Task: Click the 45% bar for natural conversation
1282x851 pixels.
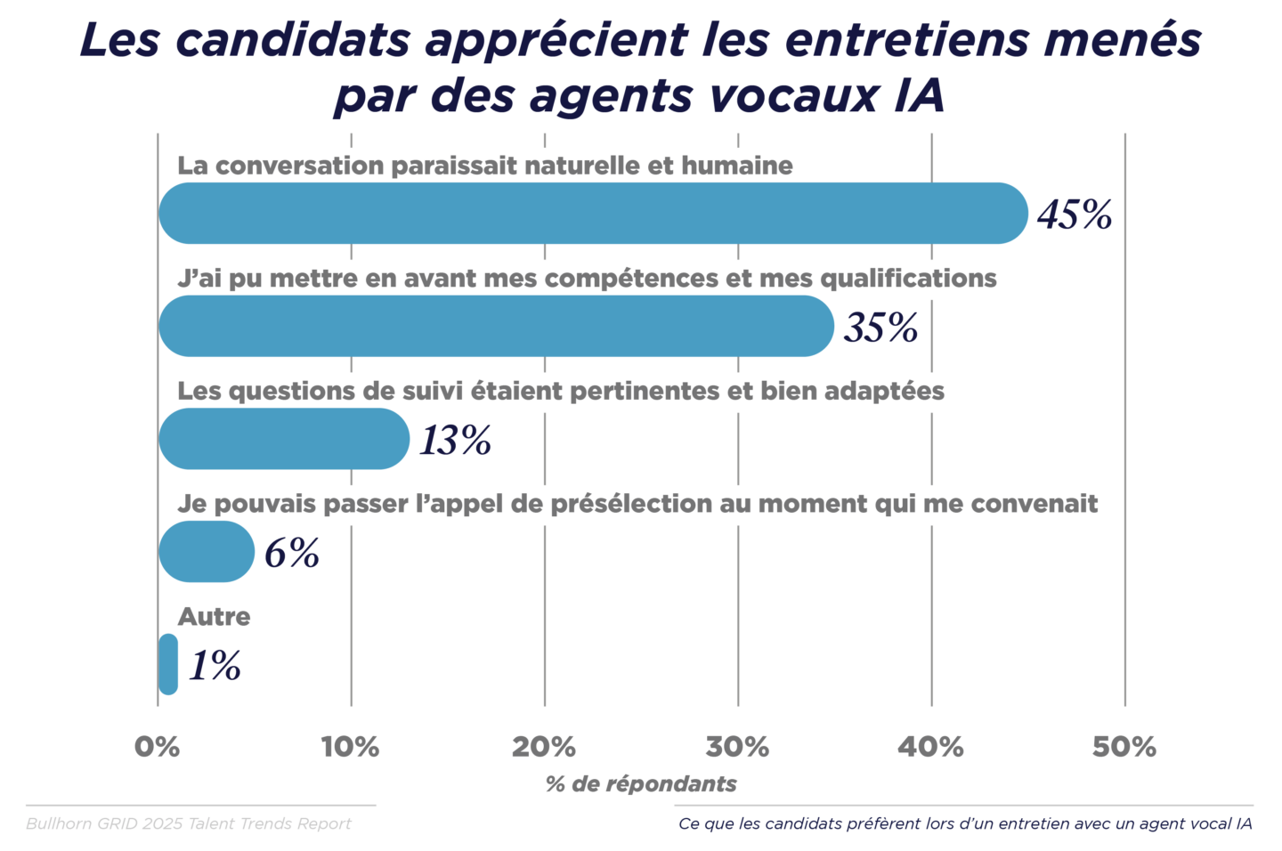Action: pyautogui.click(x=593, y=214)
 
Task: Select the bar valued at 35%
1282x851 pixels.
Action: pyautogui.click(x=496, y=327)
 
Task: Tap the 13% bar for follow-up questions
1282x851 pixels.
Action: pyautogui.click(x=284, y=439)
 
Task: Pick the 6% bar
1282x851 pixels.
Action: pyautogui.click(x=207, y=552)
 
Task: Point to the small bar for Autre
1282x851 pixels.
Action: pyautogui.click(x=167, y=664)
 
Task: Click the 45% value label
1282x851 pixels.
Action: pyautogui.click(x=1075, y=215)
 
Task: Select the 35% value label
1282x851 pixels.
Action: pyautogui.click(x=880, y=328)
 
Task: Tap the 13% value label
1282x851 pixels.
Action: pyautogui.click(x=455, y=441)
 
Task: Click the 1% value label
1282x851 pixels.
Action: pyautogui.click(x=215, y=666)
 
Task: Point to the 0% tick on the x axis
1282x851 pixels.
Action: pyautogui.click(x=158, y=747)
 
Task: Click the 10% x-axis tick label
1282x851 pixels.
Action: pyautogui.click(x=351, y=747)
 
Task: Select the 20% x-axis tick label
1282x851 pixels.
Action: pyautogui.click(x=544, y=747)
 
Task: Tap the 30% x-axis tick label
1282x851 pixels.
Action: pyautogui.click(x=737, y=747)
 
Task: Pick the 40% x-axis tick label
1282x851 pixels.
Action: pyautogui.click(x=930, y=747)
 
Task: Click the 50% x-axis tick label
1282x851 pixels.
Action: pyautogui.click(x=1124, y=747)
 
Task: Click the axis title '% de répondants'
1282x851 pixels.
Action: pyautogui.click(x=641, y=784)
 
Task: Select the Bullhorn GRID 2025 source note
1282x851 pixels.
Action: pyautogui.click(x=189, y=823)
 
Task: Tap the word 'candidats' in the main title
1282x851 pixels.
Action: pyautogui.click(x=294, y=40)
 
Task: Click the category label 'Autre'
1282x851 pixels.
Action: pyautogui.click(x=214, y=616)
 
